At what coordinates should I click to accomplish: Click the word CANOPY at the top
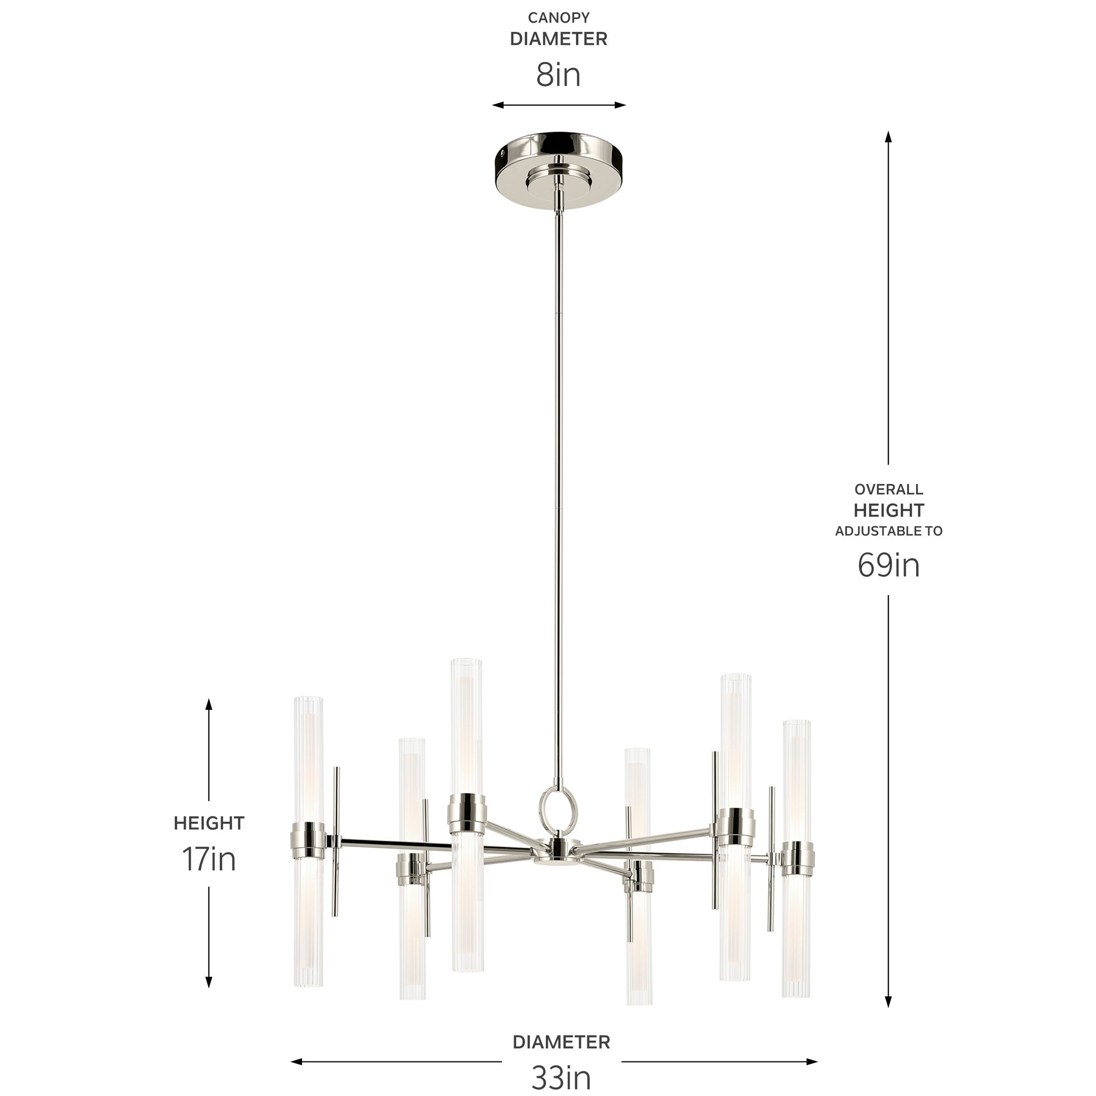[559, 18]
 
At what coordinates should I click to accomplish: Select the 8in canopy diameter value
[559, 75]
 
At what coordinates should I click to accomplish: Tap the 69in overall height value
[888, 565]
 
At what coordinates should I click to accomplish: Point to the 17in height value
[209, 859]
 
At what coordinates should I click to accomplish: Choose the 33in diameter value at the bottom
[561, 1077]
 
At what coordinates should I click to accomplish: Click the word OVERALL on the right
[888, 489]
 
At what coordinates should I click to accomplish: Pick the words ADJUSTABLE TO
[888, 531]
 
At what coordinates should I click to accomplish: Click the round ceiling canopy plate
[559, 170]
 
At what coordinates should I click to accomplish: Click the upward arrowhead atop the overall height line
[888, 136]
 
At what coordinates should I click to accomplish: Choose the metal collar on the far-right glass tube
[796, 858]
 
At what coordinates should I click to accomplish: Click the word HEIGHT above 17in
[209, 823]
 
